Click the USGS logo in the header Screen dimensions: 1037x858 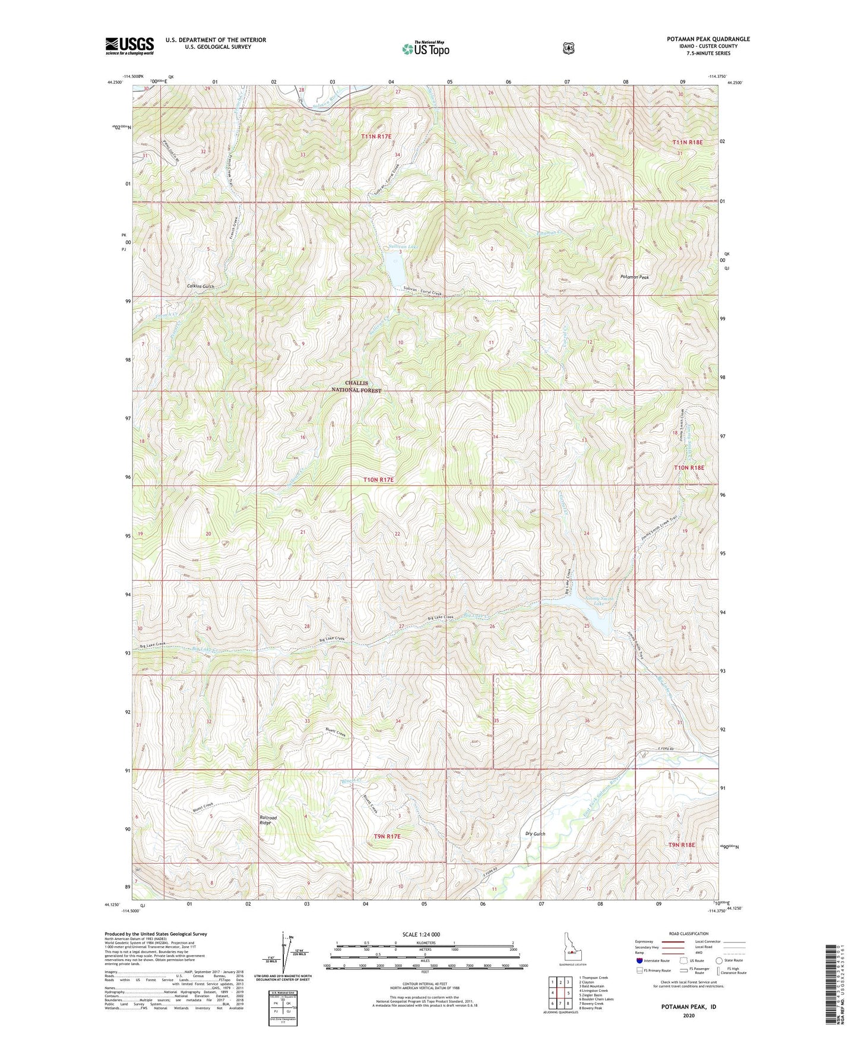coord(129,46)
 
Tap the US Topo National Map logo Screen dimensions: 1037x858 coord(425,49)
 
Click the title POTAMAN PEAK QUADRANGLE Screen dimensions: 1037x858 coord(708,39)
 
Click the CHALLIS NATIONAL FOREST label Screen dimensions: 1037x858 coord(356,387)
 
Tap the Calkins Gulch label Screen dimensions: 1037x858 coord(200,286)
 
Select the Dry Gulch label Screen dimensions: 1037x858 coord(535,834)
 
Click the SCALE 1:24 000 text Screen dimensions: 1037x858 coord(421,935)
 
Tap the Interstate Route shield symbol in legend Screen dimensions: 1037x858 coord(639,960)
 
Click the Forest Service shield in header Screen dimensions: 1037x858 coord(569,48)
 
